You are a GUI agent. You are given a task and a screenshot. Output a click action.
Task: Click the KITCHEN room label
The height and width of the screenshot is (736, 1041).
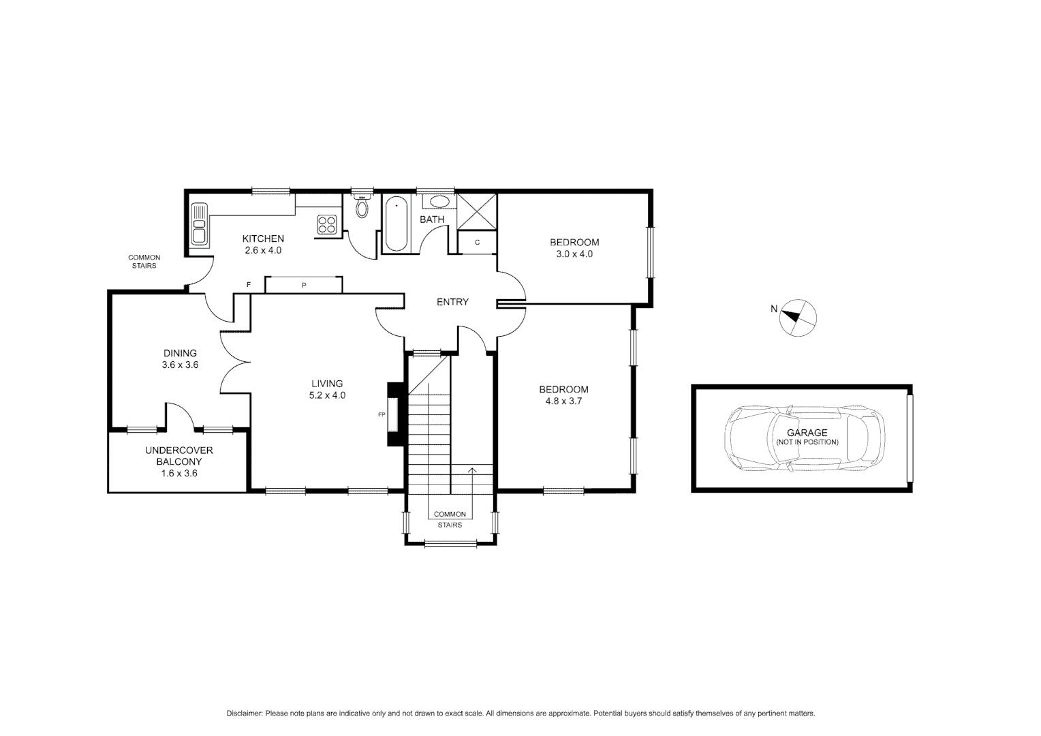[x=263, y=239]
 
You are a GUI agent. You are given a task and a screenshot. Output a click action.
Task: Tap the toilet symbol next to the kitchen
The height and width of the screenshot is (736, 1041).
[x=362, y=206]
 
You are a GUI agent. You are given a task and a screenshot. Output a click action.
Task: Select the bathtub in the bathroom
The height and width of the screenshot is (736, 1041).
[x=396, y=224]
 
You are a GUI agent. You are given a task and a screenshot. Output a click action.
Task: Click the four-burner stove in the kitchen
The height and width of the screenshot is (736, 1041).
[x=327, y=224]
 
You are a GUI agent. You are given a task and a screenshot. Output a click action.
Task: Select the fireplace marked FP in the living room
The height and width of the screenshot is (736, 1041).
[x=392, y=414]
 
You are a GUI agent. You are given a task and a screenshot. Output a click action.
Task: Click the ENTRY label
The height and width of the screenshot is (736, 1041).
[x=452, y=302]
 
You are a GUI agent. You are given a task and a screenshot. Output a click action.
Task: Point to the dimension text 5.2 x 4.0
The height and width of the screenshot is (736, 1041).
[x=328, y=395]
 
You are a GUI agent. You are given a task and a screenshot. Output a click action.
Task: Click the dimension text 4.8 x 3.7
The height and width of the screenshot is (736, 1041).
[x=563, y=401]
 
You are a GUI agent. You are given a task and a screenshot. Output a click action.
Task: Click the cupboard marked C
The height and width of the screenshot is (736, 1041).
[x=477, y=243]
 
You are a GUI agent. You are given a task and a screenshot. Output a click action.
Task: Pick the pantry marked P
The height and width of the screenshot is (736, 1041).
[x=304, y=285]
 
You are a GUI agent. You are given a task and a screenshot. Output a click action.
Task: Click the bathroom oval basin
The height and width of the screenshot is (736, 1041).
[x=439, y=202]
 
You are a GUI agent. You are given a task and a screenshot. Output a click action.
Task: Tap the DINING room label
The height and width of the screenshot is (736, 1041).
[x=180, y=353]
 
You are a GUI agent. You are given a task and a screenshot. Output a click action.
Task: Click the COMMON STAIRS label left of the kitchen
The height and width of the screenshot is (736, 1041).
[x=144, y=262]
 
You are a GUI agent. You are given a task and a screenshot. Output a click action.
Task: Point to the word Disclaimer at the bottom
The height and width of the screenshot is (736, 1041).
[x=244, y=714]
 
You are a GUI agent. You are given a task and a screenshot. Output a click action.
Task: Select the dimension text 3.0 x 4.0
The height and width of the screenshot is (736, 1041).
[x=574, y=254]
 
